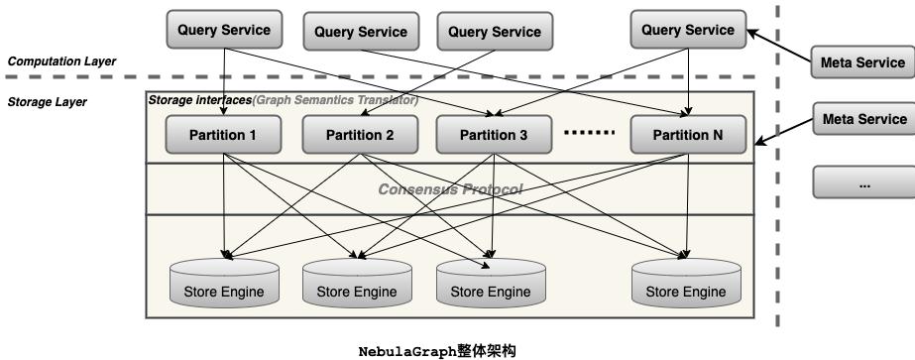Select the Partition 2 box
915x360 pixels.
pos(359,134)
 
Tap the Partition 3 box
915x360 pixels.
pos(494,134)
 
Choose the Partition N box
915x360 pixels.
pos(688,134)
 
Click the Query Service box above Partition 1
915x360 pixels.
pos(224,30)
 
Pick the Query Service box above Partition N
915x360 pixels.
pos(688,30)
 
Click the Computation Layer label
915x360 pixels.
pos(61,61)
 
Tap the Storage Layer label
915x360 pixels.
pos(48,101)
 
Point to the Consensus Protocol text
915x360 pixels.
pos(450,188)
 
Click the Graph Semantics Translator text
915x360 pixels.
pos(335,100)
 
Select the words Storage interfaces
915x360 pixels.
pos(199,100)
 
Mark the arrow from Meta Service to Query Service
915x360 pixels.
pos(778,46)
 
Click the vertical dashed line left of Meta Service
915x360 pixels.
pos(778,198)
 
